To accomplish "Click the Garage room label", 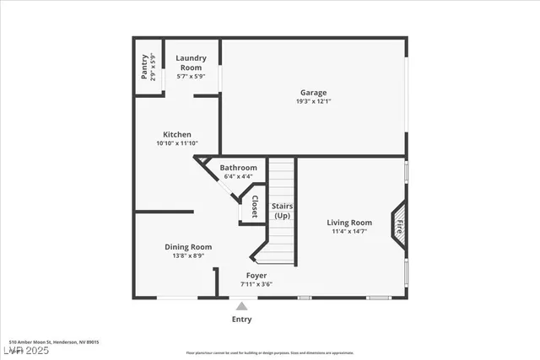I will coord(313,93).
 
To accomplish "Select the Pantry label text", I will coord(144,67).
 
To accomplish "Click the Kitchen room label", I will coord(177,134).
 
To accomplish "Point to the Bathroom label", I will coord(238,168).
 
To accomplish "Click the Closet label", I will coord(254,207).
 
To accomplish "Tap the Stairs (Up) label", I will coord(281,211).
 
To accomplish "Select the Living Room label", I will coord(349,223).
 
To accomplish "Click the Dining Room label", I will coord(188,247).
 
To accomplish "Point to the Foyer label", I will coord(256,276).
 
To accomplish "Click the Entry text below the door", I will coord(242,320).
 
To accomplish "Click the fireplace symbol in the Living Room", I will coord(400,225).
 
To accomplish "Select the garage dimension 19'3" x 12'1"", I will coord(313,102).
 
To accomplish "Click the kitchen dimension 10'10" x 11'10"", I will coord(177,143).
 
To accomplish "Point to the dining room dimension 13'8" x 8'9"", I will coord(188,255).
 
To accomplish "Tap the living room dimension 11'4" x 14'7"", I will coord(349,231).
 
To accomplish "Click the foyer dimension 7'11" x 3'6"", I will coord(256,284).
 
